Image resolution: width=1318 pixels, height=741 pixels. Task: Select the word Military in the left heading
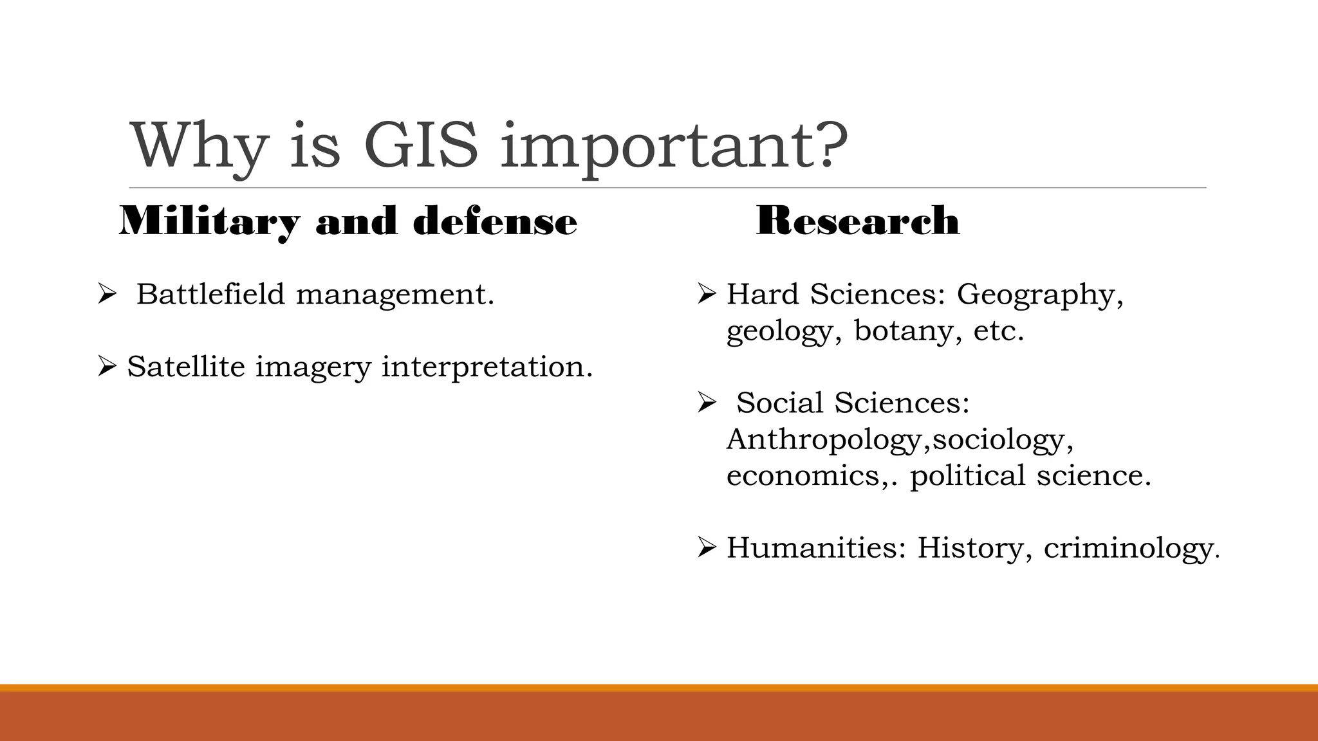pyautogui.click(x=209, y=222)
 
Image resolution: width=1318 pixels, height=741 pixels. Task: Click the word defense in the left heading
pyautogui.click(x=494, y=222)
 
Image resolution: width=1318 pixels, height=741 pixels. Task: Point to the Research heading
pyautogui.click(x=857, y=221)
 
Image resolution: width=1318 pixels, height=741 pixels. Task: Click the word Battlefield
pyautogui.click(x=210, y=295)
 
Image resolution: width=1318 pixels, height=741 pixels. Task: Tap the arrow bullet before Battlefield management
pyautogui.click(x=106, y=295)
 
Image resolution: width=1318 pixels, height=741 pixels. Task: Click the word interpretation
pyautogui.click(x=487, y=367)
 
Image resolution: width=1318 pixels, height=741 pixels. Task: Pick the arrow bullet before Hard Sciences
pyautogui.click(x=707, y=295)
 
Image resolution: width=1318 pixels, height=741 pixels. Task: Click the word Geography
pyautogui.click(x=1039, y=295)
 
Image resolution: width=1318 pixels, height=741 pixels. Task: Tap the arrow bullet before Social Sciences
pyautogui.click(x=707, y=404)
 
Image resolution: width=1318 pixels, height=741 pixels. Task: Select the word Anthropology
pyautogui.click(x=826, y=440)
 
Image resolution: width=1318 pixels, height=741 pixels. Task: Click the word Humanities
pyautogui.click(x=816, y=548)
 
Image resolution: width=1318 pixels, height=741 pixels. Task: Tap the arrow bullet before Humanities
pyautogui.click(x=707, y=549)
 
